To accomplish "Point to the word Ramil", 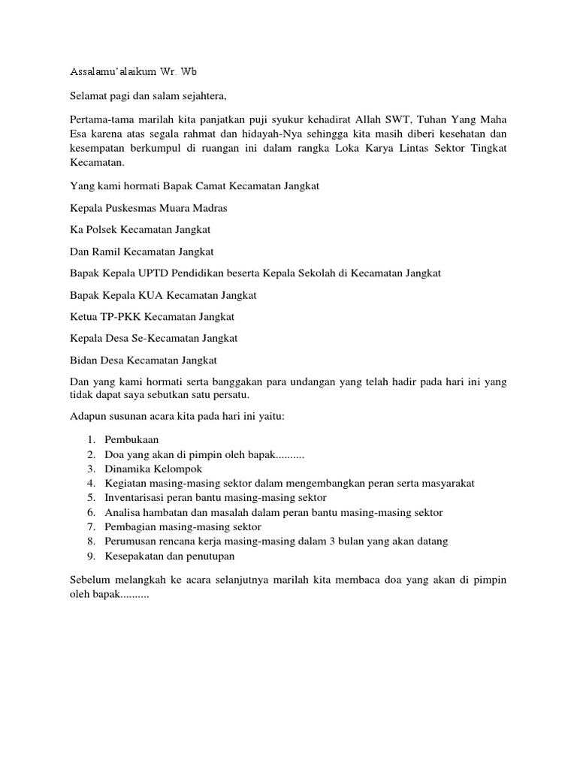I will [x=105, y=252].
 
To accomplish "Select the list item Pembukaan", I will [x=131, y=439].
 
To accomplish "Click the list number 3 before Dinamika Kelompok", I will [x=89, y=469].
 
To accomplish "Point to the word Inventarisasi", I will [x=136, y=498].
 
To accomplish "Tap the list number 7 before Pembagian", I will [x=89, y=526].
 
